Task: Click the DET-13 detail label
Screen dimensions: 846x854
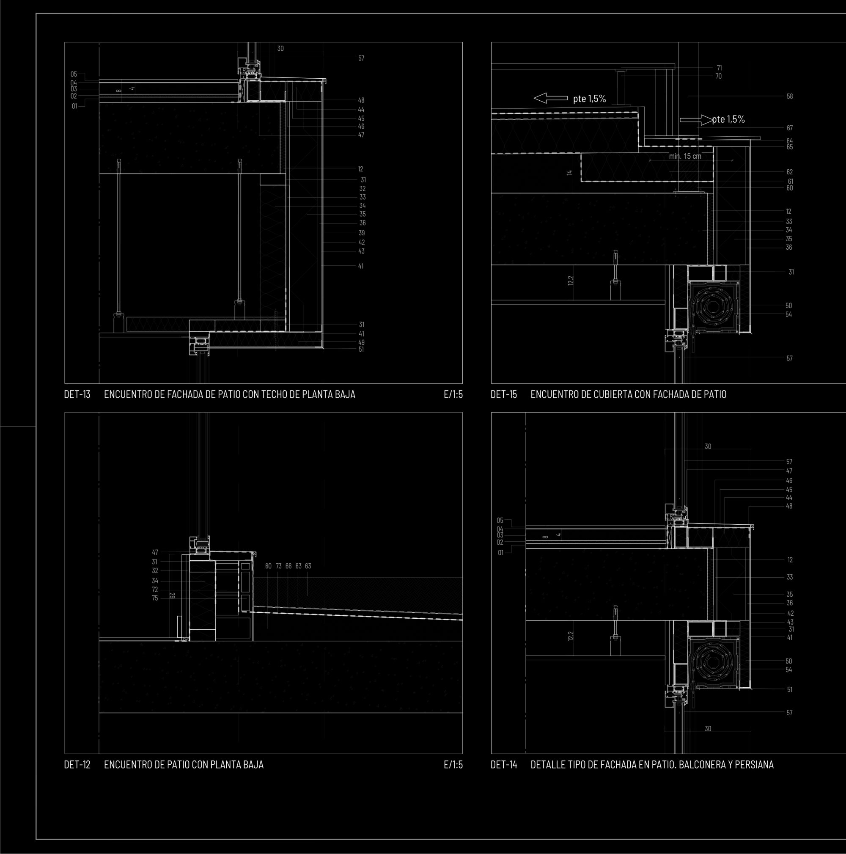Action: (77, 394)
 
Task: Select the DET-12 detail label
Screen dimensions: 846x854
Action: (77, 765)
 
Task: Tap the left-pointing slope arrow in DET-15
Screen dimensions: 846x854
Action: (550, 98)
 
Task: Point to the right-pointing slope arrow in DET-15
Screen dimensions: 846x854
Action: (696, 120)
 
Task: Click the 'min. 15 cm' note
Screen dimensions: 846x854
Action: (685, 156)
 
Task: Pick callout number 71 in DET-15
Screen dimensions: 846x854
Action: (719, 68)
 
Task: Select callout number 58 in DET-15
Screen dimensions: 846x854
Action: (789, 96)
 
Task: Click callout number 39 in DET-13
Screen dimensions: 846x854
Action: (361, 233)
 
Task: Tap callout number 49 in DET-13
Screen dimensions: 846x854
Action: (361, 342)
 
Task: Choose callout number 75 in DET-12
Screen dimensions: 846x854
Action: (155, 598)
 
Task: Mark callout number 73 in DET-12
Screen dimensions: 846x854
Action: (279, 566)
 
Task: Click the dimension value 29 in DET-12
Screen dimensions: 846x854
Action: (172, 596)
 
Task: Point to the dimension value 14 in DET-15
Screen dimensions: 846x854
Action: (569, 173)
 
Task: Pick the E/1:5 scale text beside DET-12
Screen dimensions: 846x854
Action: (453, 765)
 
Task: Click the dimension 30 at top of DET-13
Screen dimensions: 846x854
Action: (280, 49)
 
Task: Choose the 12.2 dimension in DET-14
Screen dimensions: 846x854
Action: (571, 636)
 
